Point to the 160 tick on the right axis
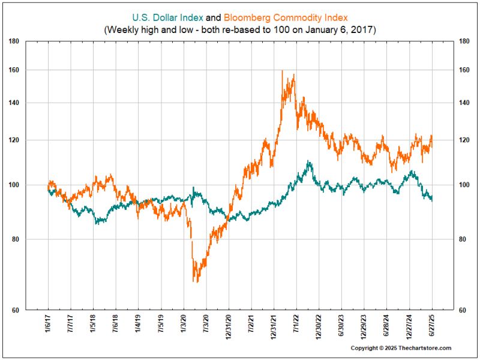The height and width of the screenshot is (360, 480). point(463,70)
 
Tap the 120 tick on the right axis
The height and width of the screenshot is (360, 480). point(463,140)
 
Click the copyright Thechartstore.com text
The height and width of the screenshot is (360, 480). point(401,348)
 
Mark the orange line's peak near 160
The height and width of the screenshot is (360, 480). point(282,71)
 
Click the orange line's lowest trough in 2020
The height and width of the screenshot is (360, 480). point(194,281)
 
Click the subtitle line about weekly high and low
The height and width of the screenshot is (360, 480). point(239,29)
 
